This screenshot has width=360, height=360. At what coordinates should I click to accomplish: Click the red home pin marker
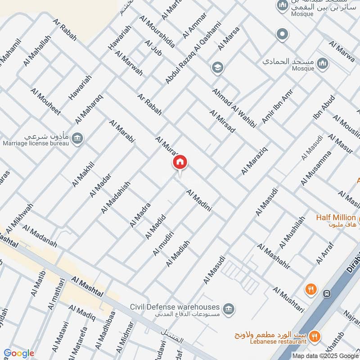click(180, 162)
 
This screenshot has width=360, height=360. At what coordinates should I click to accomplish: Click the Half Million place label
click(336, 218)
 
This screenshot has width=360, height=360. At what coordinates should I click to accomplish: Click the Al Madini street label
click(199, 201)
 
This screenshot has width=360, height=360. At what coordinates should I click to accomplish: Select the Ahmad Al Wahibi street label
click(234, 108)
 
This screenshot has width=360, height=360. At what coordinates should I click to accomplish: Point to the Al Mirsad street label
click(222, 121)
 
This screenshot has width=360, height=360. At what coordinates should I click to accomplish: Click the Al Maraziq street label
click(255, 159)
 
